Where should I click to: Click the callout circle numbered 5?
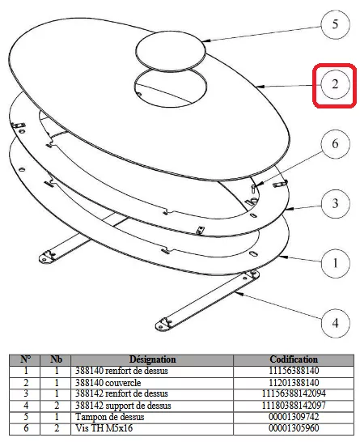[x=335, y=24]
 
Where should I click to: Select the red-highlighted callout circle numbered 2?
[x=335, y=84]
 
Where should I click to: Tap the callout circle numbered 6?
[x=335, y=144]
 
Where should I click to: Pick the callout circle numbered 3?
[x=335, y=203]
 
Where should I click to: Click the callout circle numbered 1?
[x=335, y=263]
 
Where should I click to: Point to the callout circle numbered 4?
[x=335, y=323]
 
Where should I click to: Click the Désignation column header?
[x=152, y=359]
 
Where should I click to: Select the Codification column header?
[x=294, y=359]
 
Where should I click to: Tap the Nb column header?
[x=56, y=359]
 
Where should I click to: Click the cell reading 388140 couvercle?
[x=108, y=383]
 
